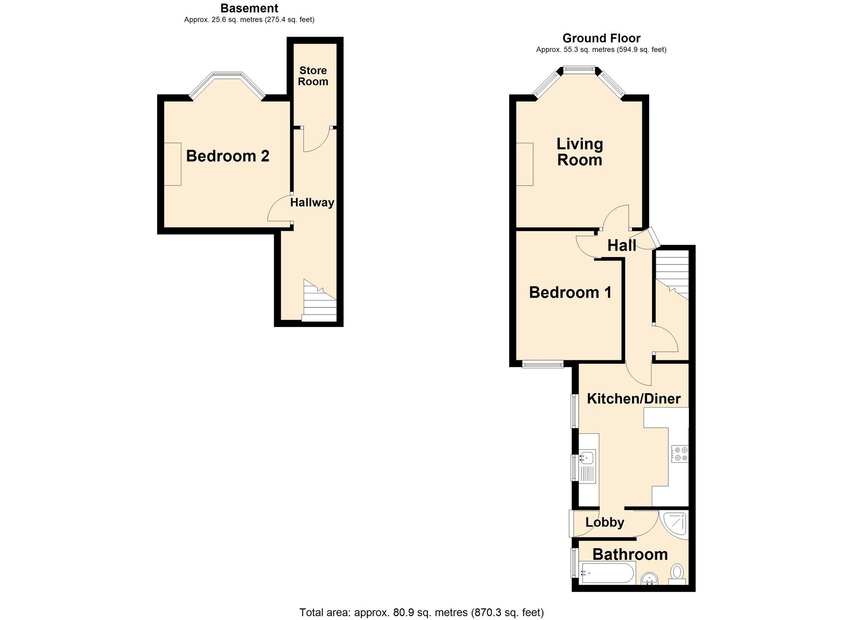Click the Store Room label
tap(313, 76)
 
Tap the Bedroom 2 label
tap(228, 156)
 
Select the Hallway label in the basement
tap(312, 203)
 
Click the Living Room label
tap(580, 152)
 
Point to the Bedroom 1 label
tap(570, 293)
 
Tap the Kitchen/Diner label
tap(634, 399)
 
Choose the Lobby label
tap(605, 522)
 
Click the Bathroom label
tap(630, 554)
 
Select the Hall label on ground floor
tap(621, 246)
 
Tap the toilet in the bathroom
tap(677, 573)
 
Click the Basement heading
tap(249, 8)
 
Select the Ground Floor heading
tap(601, 38)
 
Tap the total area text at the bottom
tap(421, 613)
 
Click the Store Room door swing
tap(316, 139)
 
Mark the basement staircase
tap(319, 301)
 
